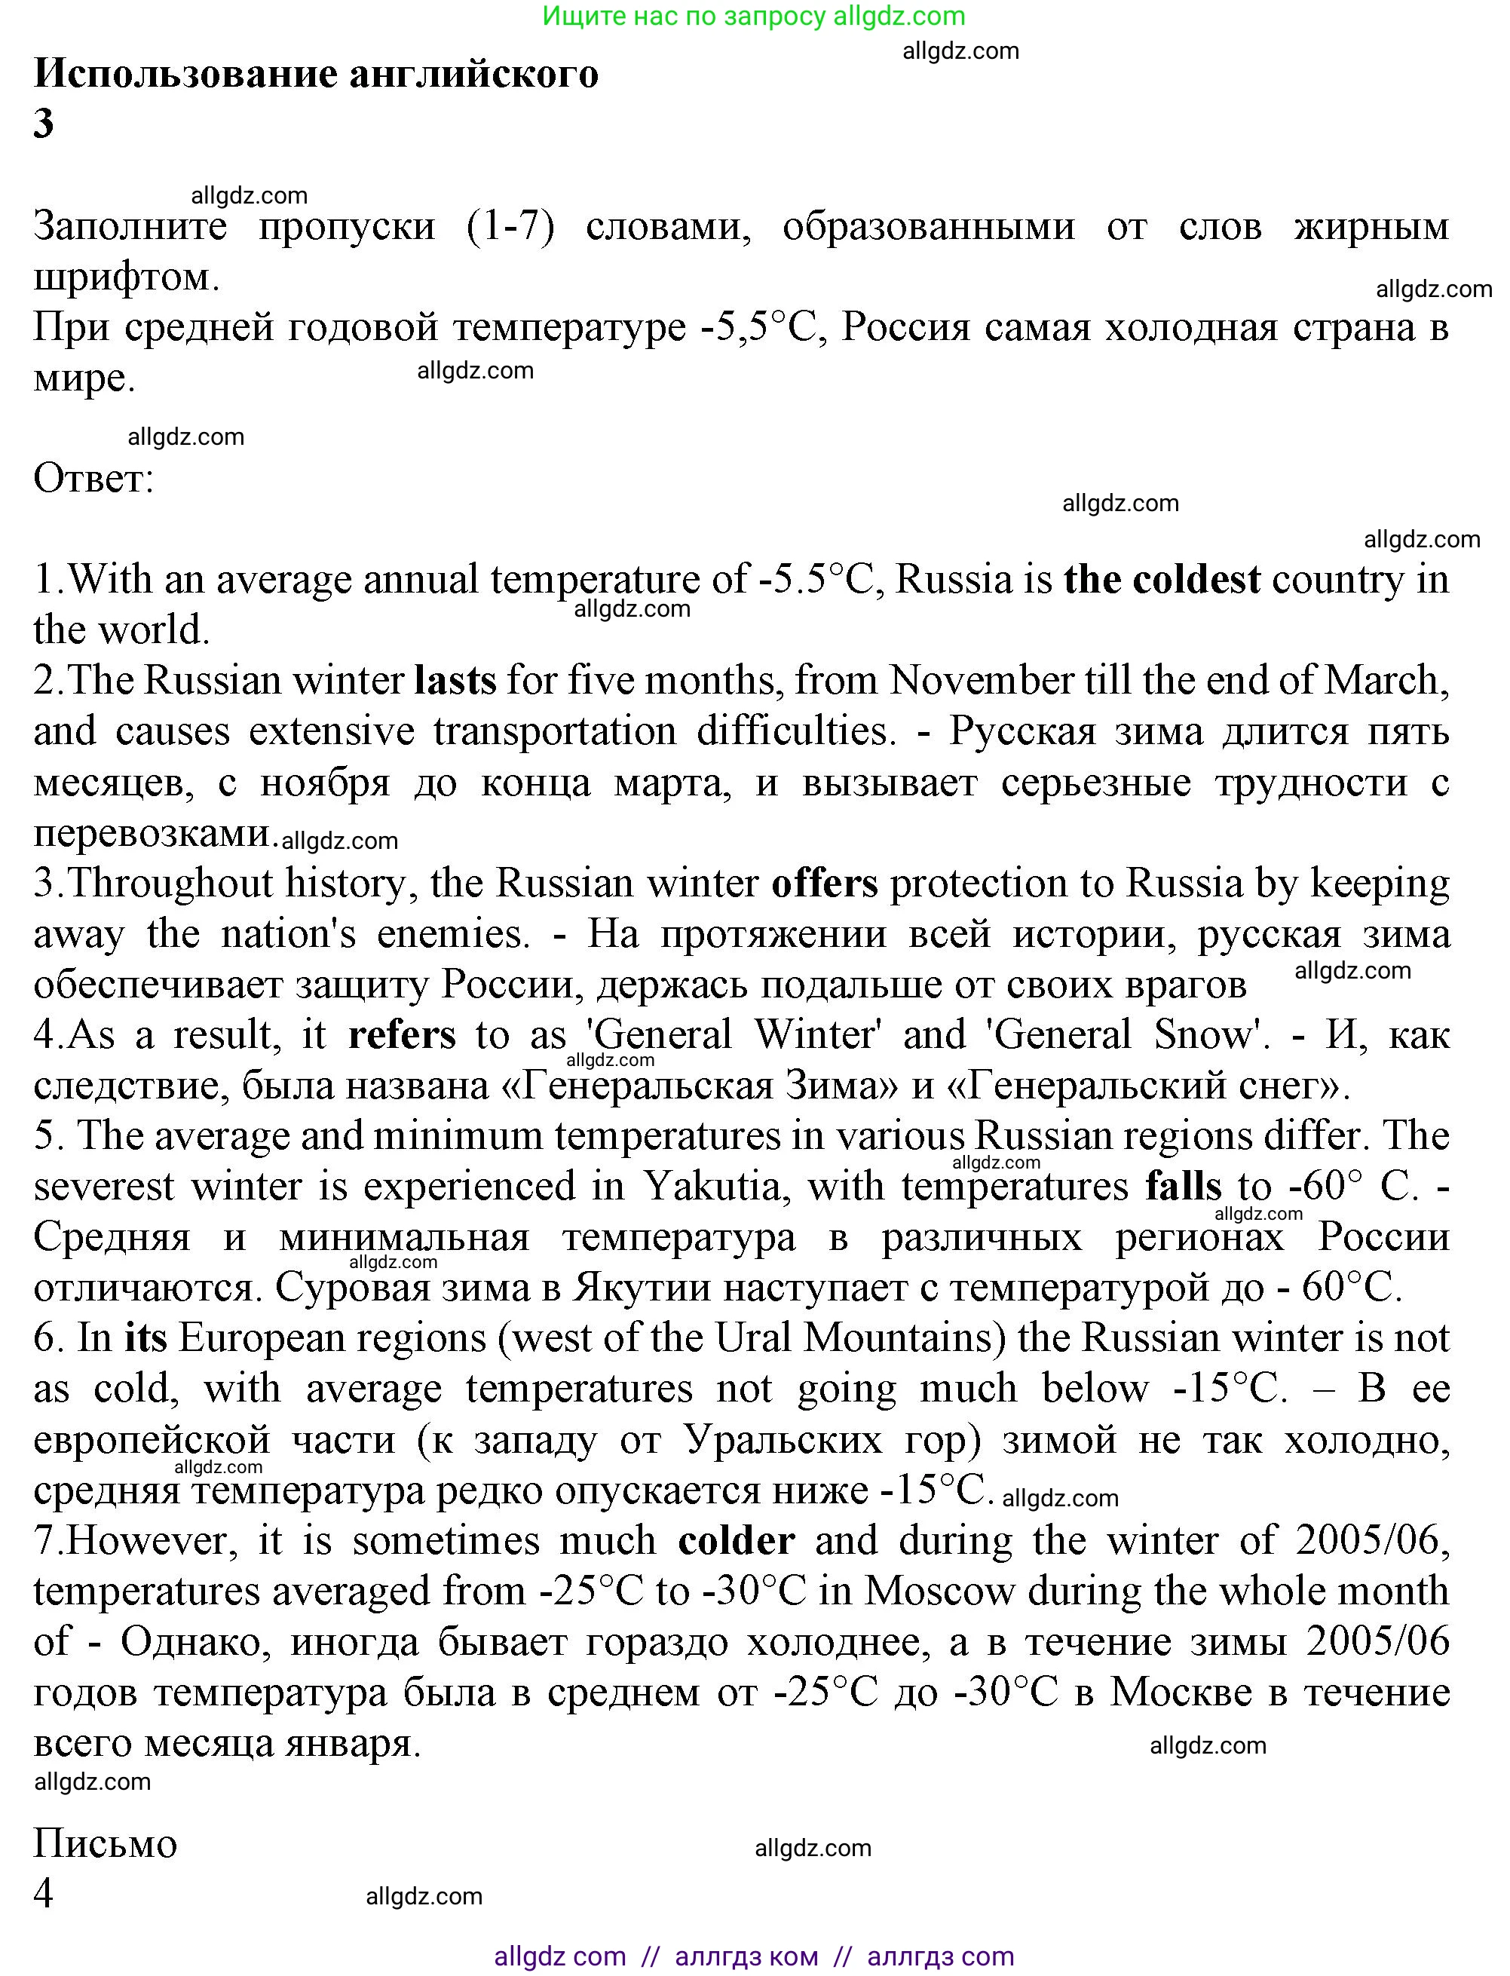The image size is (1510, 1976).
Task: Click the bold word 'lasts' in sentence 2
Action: [455, 681]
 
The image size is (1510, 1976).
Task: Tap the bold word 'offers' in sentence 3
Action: [824, 883]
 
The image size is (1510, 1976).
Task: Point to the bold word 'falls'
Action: [1184, 1186]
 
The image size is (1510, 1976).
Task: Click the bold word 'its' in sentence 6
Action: [145, 1337]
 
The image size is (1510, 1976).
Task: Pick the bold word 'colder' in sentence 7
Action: [736, 1540]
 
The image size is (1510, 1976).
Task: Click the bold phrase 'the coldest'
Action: [1161, 580]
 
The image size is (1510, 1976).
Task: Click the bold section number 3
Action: [43, 123]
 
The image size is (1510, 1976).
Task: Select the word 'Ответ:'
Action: [93, 478]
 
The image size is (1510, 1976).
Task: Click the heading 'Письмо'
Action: [105, 1844]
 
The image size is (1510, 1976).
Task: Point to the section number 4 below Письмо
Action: [43, 1893]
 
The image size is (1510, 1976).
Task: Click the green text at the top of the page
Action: [754, 16]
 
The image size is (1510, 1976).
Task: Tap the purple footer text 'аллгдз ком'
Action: [746, 1956]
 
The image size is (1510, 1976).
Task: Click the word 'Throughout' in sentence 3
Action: [169, 883]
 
